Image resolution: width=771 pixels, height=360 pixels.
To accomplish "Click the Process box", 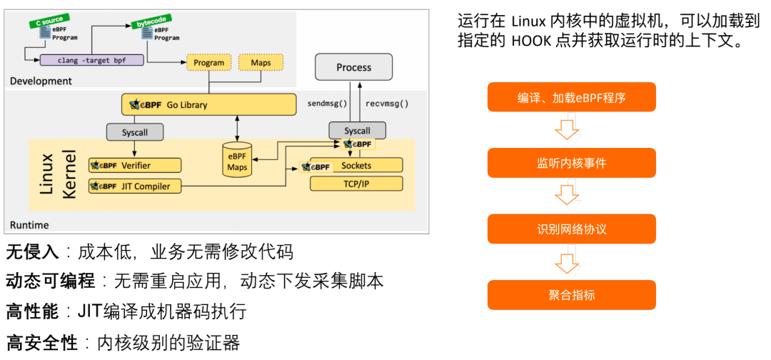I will [x=354, y=67].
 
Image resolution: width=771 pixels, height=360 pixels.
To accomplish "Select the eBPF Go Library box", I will [x=208, y=105].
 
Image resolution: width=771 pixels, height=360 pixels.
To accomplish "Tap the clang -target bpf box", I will [x=92, y=60].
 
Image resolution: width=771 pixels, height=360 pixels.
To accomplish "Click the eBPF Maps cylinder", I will [x=236, y=162].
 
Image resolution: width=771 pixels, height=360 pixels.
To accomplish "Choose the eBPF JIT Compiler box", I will [x=134, y=186].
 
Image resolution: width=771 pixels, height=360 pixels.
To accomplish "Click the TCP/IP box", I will [x=356, y=184].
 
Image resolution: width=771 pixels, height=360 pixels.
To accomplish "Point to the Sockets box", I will [x=356, y=166].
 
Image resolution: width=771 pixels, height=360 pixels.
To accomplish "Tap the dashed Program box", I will [x=208, y=63].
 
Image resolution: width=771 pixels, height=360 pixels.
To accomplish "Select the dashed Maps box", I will [x=261, y=63].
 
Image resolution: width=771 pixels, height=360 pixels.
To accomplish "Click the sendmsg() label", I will [x=327, y=104].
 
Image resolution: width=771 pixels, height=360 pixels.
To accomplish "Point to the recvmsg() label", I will [x=387, y=104].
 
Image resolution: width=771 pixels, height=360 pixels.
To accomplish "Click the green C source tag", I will [x=50, y=21].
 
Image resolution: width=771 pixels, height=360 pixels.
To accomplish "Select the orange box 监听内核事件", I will [x=571, y=163].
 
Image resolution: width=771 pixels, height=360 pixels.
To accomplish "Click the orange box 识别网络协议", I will [x=571, y=229].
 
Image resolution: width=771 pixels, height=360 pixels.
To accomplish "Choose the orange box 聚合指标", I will [x=571, y=295].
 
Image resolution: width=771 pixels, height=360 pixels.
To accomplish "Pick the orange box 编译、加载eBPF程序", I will [x=571, y=97].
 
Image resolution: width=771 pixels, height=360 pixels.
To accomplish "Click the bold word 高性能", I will [x=31, y=312].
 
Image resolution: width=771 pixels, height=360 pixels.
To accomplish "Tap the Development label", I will [x=41, y=81].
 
